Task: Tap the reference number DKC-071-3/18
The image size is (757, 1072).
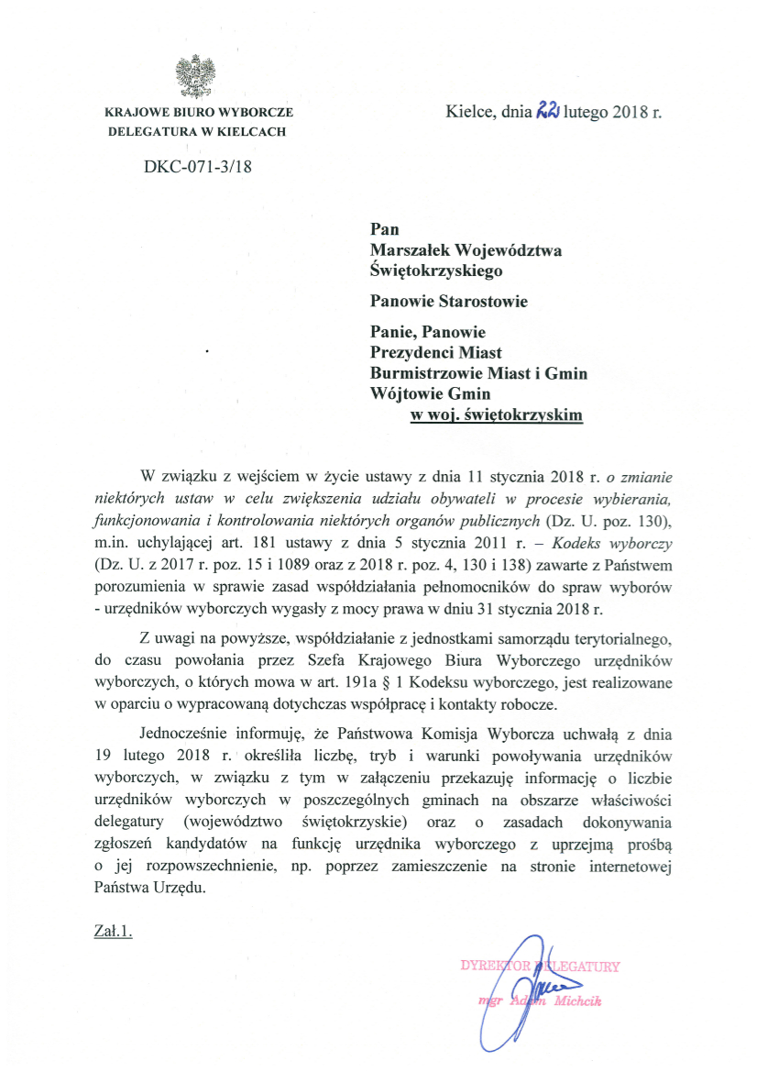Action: tap(197, 167)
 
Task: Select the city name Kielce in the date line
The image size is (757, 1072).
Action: tap(469, 114)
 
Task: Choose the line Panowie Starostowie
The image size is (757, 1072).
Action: tap(448, 301)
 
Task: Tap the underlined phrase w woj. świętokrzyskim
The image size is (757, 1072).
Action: tap(496, 414)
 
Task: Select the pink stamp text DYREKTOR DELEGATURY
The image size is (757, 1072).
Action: tap(540, 966)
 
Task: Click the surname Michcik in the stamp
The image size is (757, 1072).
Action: tap(576, 1000)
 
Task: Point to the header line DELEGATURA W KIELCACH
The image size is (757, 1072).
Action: tap(197, 131)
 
